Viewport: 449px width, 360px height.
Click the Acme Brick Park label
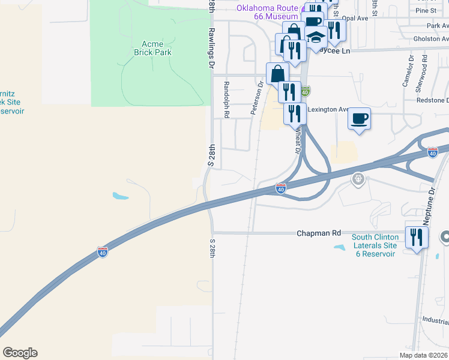pyautogui.click(x=156, y=48)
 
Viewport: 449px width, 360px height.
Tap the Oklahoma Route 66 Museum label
pyautogui.click(x=267, y=12)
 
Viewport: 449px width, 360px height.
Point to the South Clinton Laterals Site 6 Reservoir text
pyautogui.click(x=375, y=246)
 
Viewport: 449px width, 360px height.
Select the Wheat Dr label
pyautogui.click(x=297, y=142)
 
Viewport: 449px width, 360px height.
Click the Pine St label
pyautogui.click(x=425, y=10)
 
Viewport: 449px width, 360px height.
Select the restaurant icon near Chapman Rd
pyautogui.click(x=417, y=238)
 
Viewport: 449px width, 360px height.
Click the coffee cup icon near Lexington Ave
pyautogui.click(x=359, y=118)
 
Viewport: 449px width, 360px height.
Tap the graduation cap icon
pyautogui.click(x=315, y=38)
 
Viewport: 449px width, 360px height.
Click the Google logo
pyautogui.click(x=20, y=353)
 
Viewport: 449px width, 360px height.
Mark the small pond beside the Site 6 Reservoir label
pyautogui.click(x=340, y=247)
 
